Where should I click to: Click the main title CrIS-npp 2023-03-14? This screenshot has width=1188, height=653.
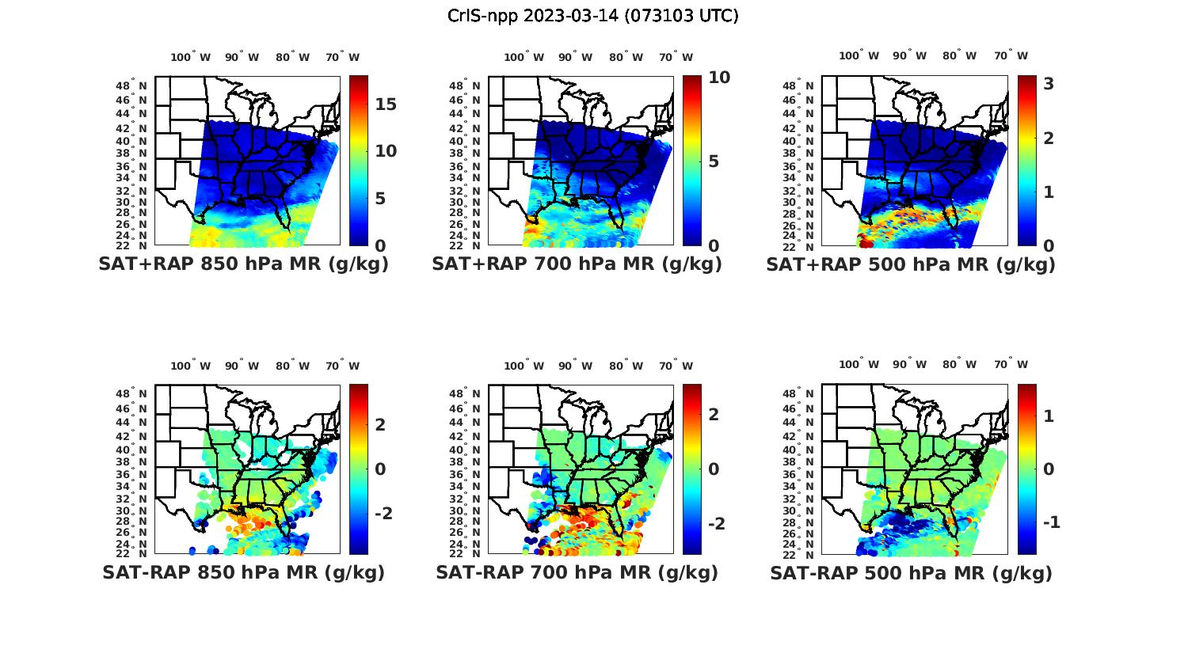[x=592, y=16]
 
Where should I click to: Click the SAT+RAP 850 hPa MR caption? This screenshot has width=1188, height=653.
[x=243, y=264]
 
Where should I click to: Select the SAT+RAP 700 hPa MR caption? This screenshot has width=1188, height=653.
[x=577, y=264]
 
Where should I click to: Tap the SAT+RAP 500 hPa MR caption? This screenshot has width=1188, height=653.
[x=911, y=264]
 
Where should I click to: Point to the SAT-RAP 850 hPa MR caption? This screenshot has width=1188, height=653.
[x=243, y=572]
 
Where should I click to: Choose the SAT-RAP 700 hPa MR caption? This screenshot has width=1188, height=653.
[x=577, y=572]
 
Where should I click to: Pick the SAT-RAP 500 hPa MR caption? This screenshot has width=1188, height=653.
[x=911, y=573]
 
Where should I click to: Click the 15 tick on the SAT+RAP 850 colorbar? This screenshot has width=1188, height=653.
[x=386, y=104]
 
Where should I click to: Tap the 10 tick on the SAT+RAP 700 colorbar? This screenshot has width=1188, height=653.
[x=719, y=78]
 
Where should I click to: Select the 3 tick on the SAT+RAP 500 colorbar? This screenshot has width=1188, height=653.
[x=1049, y=83]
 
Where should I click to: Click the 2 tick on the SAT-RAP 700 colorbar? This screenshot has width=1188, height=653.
[x=714, y=415]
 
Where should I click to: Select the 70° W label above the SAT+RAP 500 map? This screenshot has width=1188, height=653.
[x=1011, y=55]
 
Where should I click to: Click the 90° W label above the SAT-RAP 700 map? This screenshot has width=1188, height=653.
[x=575, y=366]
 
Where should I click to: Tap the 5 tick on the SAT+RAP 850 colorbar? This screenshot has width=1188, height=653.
[x=381, y=198]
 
